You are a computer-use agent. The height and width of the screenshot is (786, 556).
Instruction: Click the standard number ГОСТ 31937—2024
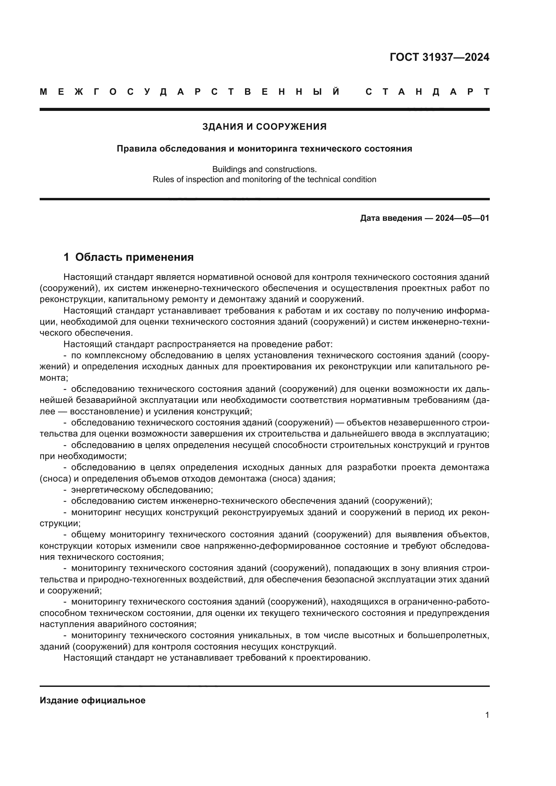(x=439, y=57)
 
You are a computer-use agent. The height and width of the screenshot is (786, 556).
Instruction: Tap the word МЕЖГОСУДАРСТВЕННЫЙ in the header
(x=190, y=92)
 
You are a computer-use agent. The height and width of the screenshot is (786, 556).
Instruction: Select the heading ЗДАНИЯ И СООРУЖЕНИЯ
(x=264, y=127)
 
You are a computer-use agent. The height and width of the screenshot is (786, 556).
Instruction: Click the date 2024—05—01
(x=462, y=218)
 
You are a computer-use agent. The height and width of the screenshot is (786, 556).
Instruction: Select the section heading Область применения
(x=134, y=257)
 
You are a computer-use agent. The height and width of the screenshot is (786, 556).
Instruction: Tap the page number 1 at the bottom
(x=487, y=715)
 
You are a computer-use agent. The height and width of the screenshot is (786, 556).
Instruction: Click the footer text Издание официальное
(x=92, y=700)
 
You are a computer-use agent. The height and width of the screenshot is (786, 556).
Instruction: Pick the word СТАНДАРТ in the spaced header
(x=427, y=92)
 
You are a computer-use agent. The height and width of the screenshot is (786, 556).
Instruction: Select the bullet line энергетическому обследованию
(x=142, y=490)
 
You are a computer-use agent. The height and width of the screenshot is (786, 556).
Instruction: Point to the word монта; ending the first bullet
(x=54, y=378)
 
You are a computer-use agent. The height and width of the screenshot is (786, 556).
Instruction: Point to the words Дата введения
(x=391, y=218)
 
